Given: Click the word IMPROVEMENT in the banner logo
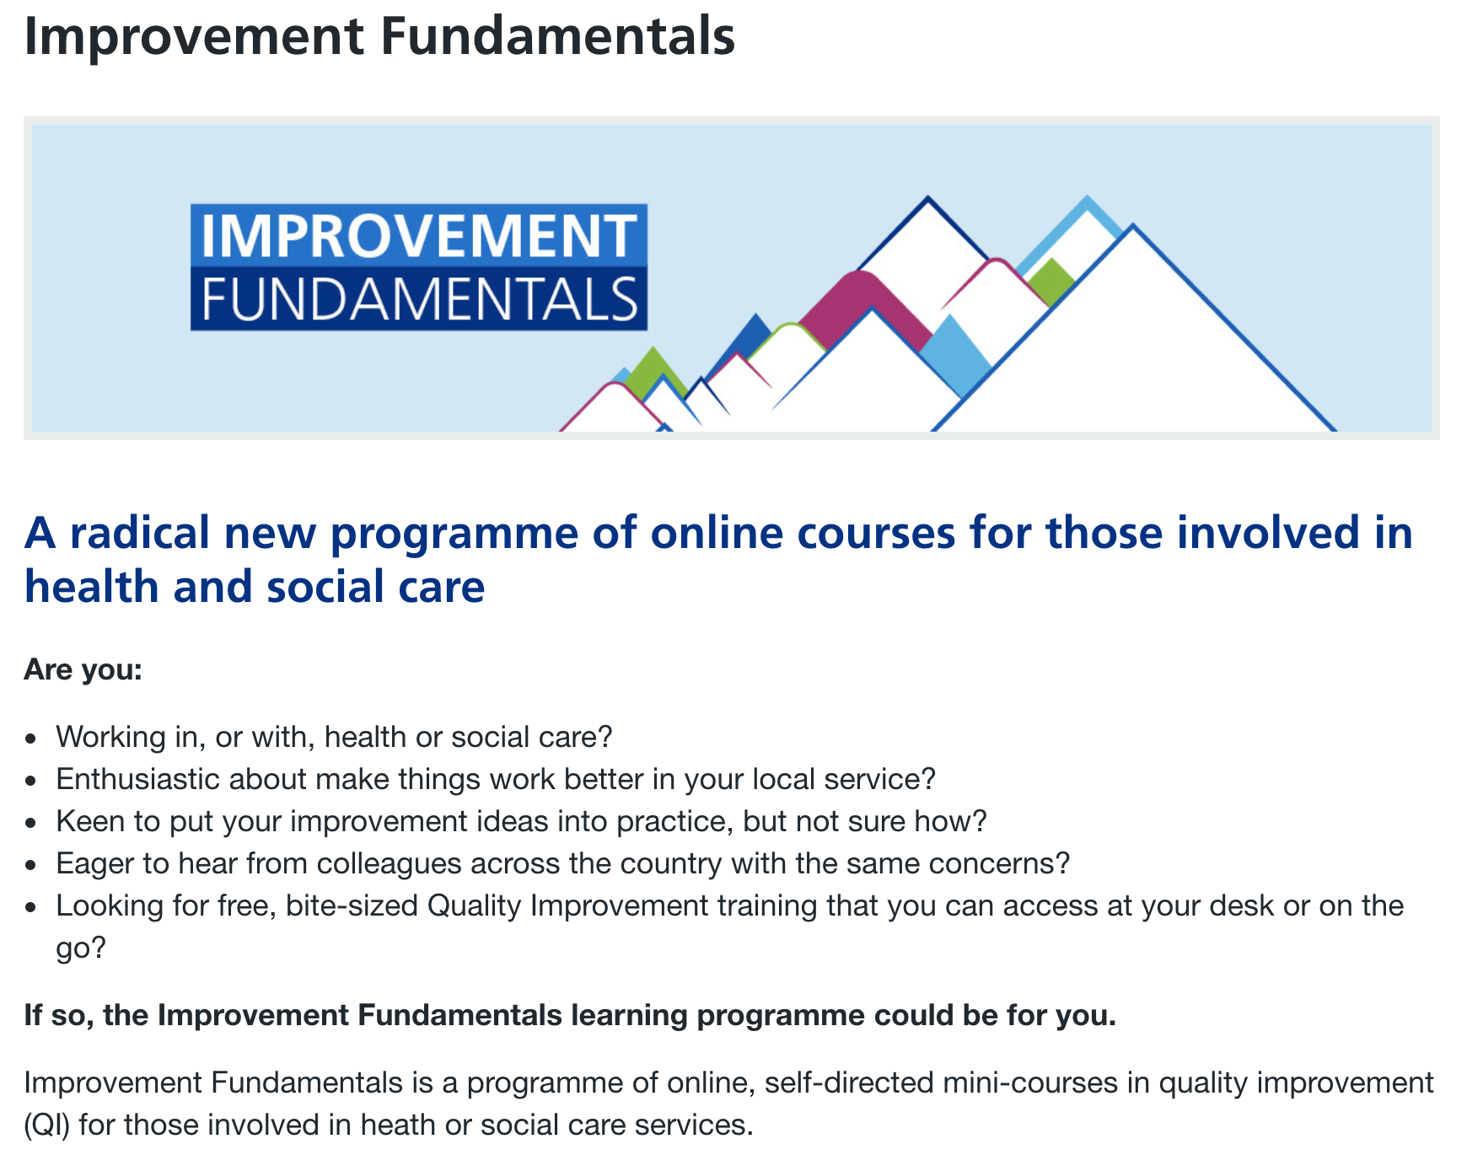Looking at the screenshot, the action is coord(419,236).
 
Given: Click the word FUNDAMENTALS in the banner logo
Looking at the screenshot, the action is coord(419,299).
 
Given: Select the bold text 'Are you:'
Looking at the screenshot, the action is coord(83,670).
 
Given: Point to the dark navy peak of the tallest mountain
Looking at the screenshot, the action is coord(927,199).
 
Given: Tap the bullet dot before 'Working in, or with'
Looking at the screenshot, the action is coord(31,739).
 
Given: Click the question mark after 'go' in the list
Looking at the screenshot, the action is coord(99,948).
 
